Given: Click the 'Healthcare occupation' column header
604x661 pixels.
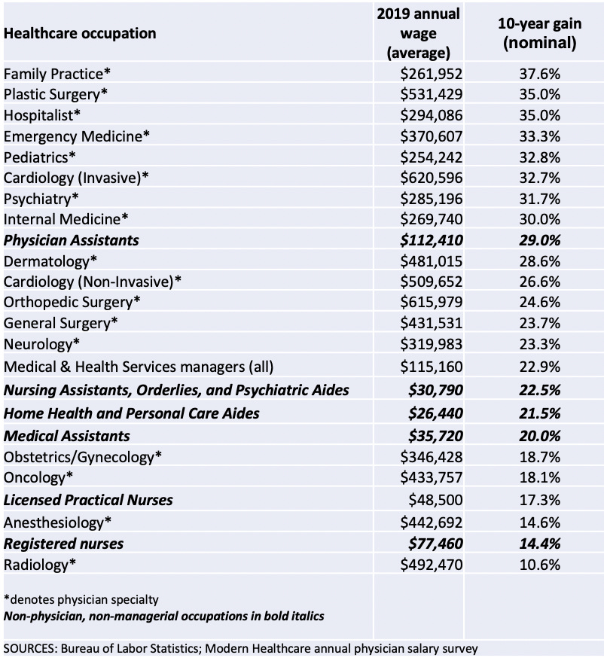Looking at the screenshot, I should pyautogui.click(x=81, y=33).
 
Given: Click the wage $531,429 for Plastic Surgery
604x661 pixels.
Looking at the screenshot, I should pyautogui.click(x=432, y=94).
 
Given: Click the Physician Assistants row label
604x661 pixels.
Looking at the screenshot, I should pyautogui.click(x=72, y=241).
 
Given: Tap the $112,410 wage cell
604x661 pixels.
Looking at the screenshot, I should pyautogui.click(x=432, y=241).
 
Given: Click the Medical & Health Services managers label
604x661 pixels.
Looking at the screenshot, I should pyautogui.click(x=139, y=367).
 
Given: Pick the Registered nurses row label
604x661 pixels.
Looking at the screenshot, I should pyautogui.click(x=64, y=543).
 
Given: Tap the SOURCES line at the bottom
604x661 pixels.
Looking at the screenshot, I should pyautogui.click(x=241, y=647).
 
